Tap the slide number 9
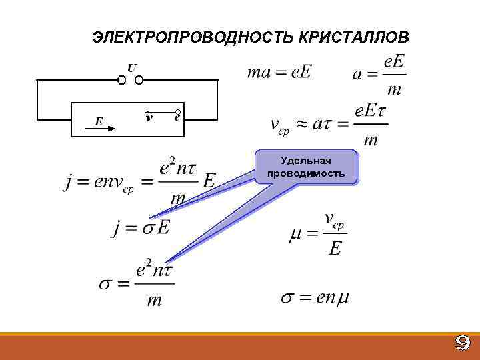pos(462,343)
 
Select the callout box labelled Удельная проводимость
pos(306,167)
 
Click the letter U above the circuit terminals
pos(131,68)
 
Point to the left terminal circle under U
pos(122,81)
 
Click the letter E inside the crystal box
pos(99,121)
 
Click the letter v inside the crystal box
pos(149,118)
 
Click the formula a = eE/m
pos(379,75)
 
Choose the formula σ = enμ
pos(315,297)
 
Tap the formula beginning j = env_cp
pos(140,180)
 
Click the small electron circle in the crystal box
pos(178,112)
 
